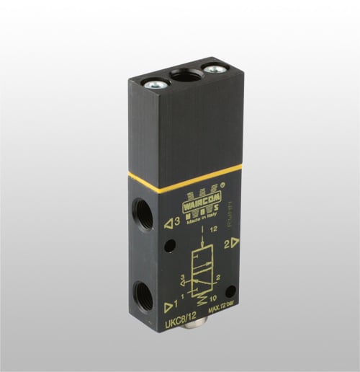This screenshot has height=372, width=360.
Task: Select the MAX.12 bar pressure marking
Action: pos(222,311)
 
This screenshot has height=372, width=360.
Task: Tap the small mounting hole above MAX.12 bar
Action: pos(230,293)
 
